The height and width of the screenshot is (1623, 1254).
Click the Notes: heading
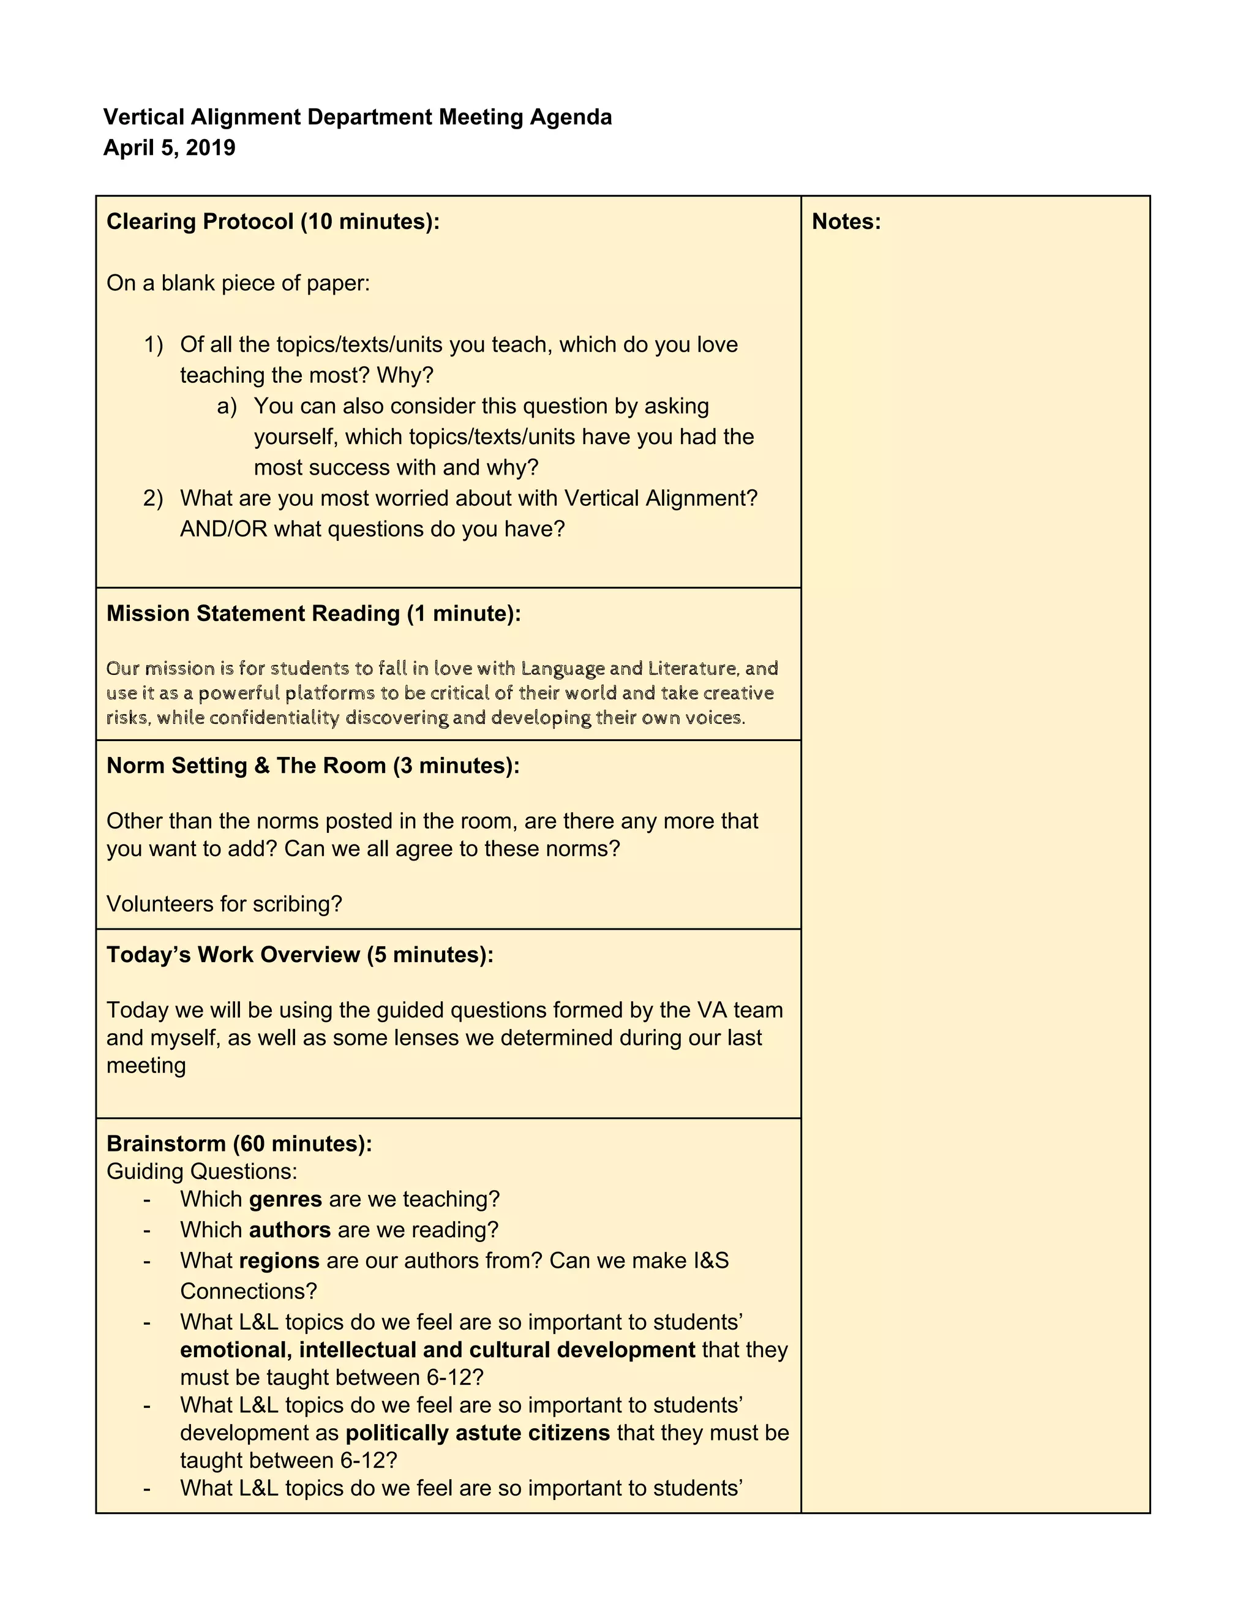pyautogui.click(x=846, y=222)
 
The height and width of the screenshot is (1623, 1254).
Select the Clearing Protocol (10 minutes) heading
pyautogui.click(x=272, y=222)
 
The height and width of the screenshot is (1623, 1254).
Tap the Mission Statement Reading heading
pyautogui.click(x=313, y=613)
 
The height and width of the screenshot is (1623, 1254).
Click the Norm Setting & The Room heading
pyautogui.click(x=312, y=766)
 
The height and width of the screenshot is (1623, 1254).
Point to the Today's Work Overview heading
pyautogui.click(x=299, y=954)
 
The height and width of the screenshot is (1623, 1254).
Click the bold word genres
pyautogui.click(x=285, y=1199)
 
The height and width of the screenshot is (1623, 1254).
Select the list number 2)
pyautogui.click(x=153, y=498)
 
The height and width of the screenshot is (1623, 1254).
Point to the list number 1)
pyautogui.click(x=153, y=344)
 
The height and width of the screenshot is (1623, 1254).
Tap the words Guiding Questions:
pyautogui.click(x=201, y=1171)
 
